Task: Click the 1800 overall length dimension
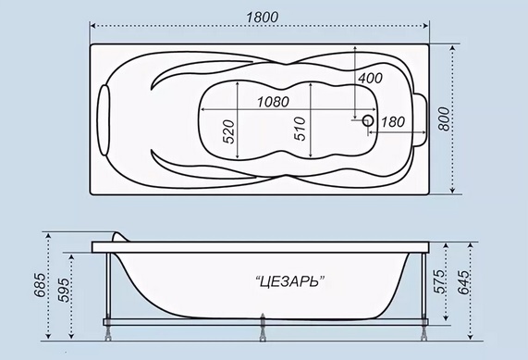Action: (263, 18)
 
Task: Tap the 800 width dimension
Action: (445, 119)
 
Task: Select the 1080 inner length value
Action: (273, 102)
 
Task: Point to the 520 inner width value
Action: (228, 131)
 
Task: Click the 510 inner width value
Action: (300, 129)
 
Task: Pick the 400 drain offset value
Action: (370, 79)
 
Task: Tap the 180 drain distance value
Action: (393, 122)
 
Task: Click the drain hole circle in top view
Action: (368, 120)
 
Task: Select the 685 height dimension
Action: (40, 285)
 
